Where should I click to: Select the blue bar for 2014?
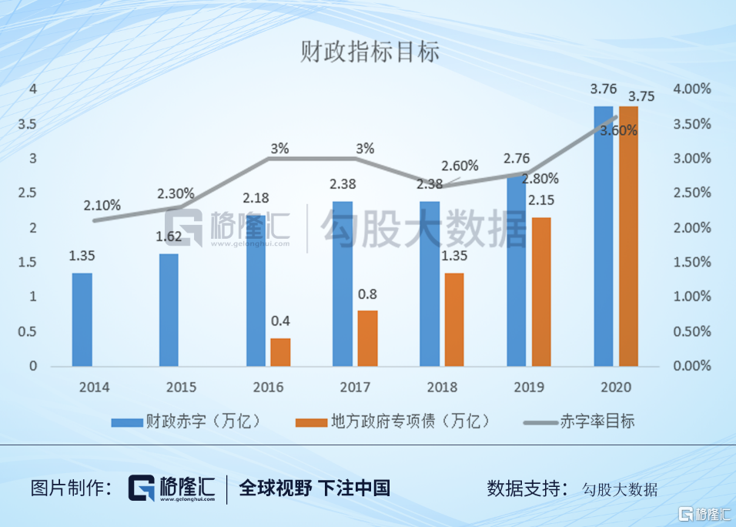tap(82, 319)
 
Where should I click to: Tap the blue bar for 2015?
tap(169, 310)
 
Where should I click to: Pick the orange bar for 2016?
tap(280, 352)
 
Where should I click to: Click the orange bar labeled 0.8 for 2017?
tap(367, 338)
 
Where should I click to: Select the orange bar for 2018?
tap(454, 319)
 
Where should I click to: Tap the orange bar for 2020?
tap(628, 236)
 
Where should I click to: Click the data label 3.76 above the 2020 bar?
tap(602, 90)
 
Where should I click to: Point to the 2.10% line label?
tap(103, 205)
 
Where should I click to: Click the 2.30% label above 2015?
tap(176, 194)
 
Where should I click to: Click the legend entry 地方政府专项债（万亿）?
tap(392, 421)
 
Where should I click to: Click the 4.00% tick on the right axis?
tap(692, 89)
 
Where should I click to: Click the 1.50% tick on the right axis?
tap(692, 263)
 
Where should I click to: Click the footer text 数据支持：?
tap(527, 488)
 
